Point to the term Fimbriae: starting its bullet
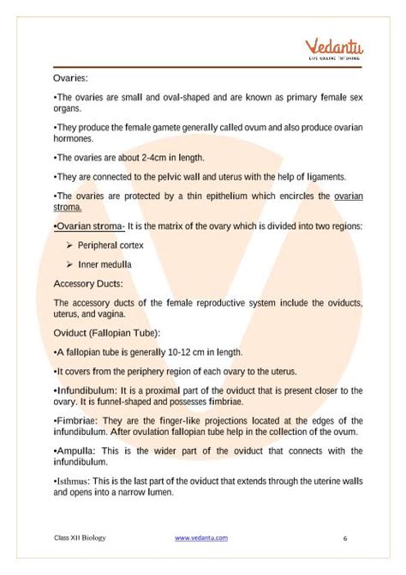coord(77,421)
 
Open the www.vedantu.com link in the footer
coord(201,538)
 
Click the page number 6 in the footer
coord(344,539)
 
